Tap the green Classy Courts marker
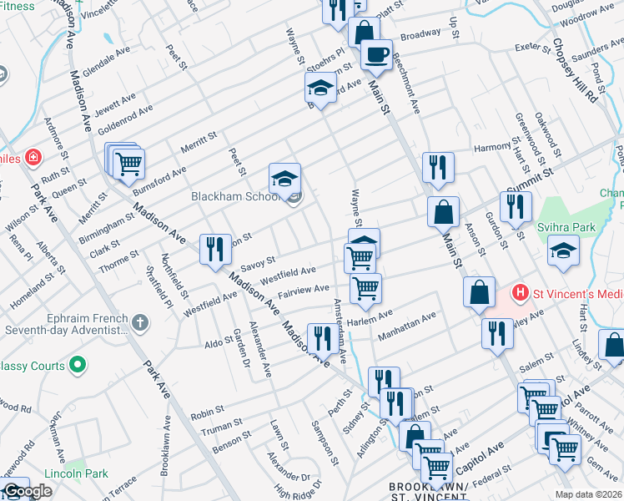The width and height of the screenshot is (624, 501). click(78, 364)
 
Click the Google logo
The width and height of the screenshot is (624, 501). click(27, 491)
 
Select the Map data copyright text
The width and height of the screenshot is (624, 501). click(587, 494)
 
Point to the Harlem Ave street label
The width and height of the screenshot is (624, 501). click(373, 317)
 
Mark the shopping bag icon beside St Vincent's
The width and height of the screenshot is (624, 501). click(480, 292)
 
